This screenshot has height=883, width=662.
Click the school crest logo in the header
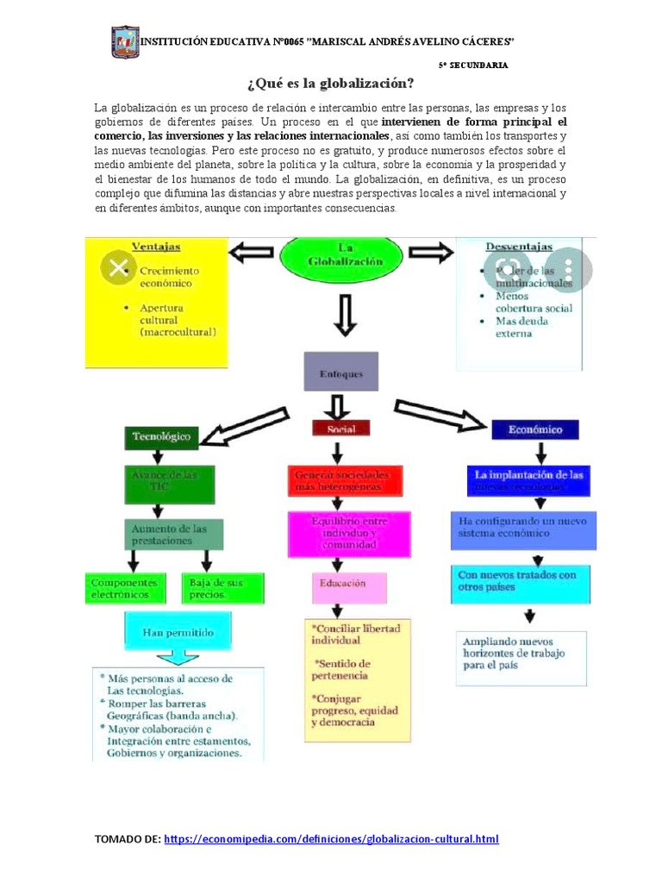pos(126,41)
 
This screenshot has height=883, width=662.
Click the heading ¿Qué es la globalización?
pos(331,84)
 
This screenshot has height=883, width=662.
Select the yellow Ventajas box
pos(156,302)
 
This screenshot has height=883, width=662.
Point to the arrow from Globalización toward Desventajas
pos(431,252)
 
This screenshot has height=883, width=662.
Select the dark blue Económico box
pos(535,429)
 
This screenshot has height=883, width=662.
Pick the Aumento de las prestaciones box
pos(175,534)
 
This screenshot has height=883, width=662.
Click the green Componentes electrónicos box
pos(125,588)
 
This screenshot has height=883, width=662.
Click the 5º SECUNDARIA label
pos(473,65)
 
